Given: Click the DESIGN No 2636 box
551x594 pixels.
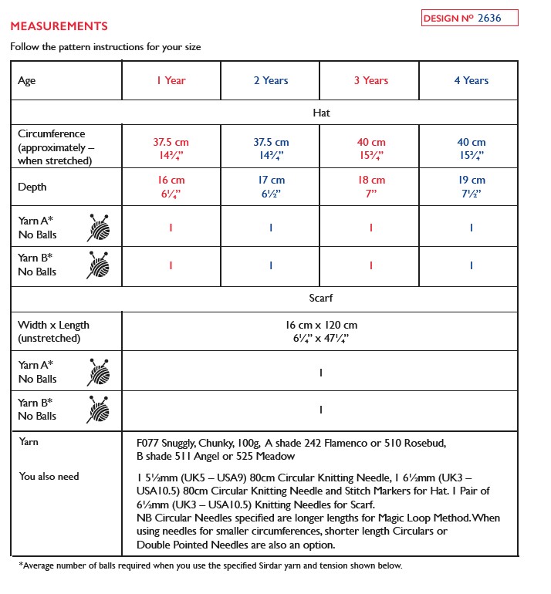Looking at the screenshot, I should coord(469,18).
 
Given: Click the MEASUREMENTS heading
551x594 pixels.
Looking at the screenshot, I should coord(59,26).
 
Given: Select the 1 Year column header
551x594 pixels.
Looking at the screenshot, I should coord(171,80).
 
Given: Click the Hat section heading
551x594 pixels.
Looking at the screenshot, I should coord(321,113).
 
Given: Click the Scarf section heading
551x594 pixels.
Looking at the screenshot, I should coord(320,298).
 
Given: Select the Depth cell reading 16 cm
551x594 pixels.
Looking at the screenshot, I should coord(171,187).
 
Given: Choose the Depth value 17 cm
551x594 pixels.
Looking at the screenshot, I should coord(271,187).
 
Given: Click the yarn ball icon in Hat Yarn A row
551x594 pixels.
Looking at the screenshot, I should coord(98,228).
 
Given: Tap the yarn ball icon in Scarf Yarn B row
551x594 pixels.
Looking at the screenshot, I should coord(98,410).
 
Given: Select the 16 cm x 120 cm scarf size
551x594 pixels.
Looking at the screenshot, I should coord(320,332).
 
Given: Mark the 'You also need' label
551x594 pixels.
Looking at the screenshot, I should coord(49,476).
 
